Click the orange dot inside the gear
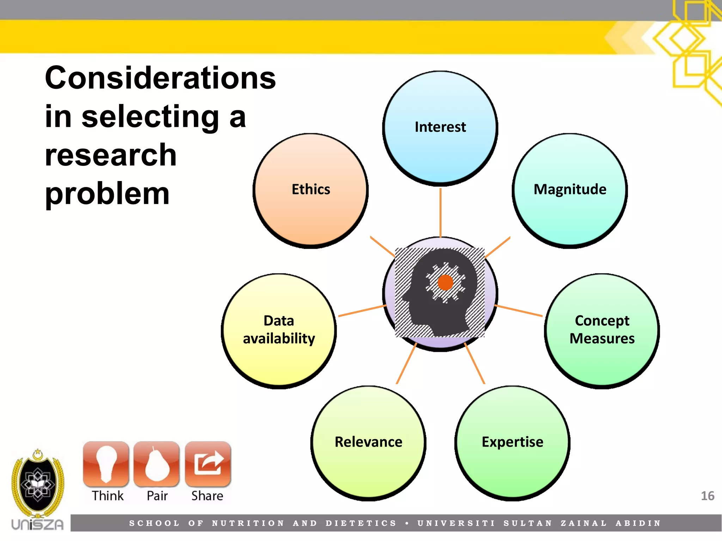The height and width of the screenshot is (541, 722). [x=445, y=282]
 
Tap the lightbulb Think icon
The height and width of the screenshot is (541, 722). [x=106, y=464]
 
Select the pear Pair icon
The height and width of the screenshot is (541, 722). [x=157, y=464]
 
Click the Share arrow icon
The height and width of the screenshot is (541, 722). [x=208, y=464]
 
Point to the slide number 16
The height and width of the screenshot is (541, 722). [x=707, y=496]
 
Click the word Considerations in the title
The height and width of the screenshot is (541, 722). [x=160, y=78]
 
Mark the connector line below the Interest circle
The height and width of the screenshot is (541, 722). [x=440, y=212]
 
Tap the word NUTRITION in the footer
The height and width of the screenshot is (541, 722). [x=248, y=523]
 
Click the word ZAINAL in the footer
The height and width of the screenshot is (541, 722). [x=583, y=523]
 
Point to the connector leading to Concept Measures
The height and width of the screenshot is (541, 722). [x=519, y=311]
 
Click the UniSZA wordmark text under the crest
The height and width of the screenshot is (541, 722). [x=37, y=525]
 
